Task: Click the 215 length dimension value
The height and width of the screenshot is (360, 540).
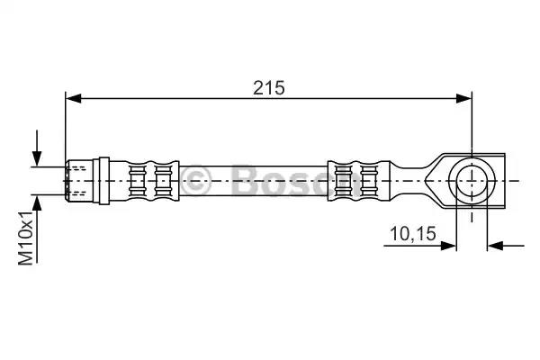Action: coord(269,88)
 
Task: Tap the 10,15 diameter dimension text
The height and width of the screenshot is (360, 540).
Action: coord(413,234)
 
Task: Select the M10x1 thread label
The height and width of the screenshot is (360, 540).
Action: coord(26,238)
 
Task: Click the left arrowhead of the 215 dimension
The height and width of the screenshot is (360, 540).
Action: coord(74,98)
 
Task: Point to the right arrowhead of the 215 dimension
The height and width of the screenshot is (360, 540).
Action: coord(463,98)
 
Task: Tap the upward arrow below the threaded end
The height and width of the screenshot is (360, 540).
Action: coord(37,229)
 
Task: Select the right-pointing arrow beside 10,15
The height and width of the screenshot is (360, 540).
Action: coord(419,246)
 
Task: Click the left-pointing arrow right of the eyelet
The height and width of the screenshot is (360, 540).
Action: coord(506,246)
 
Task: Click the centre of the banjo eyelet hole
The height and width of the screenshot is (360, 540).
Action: coord(472,181)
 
